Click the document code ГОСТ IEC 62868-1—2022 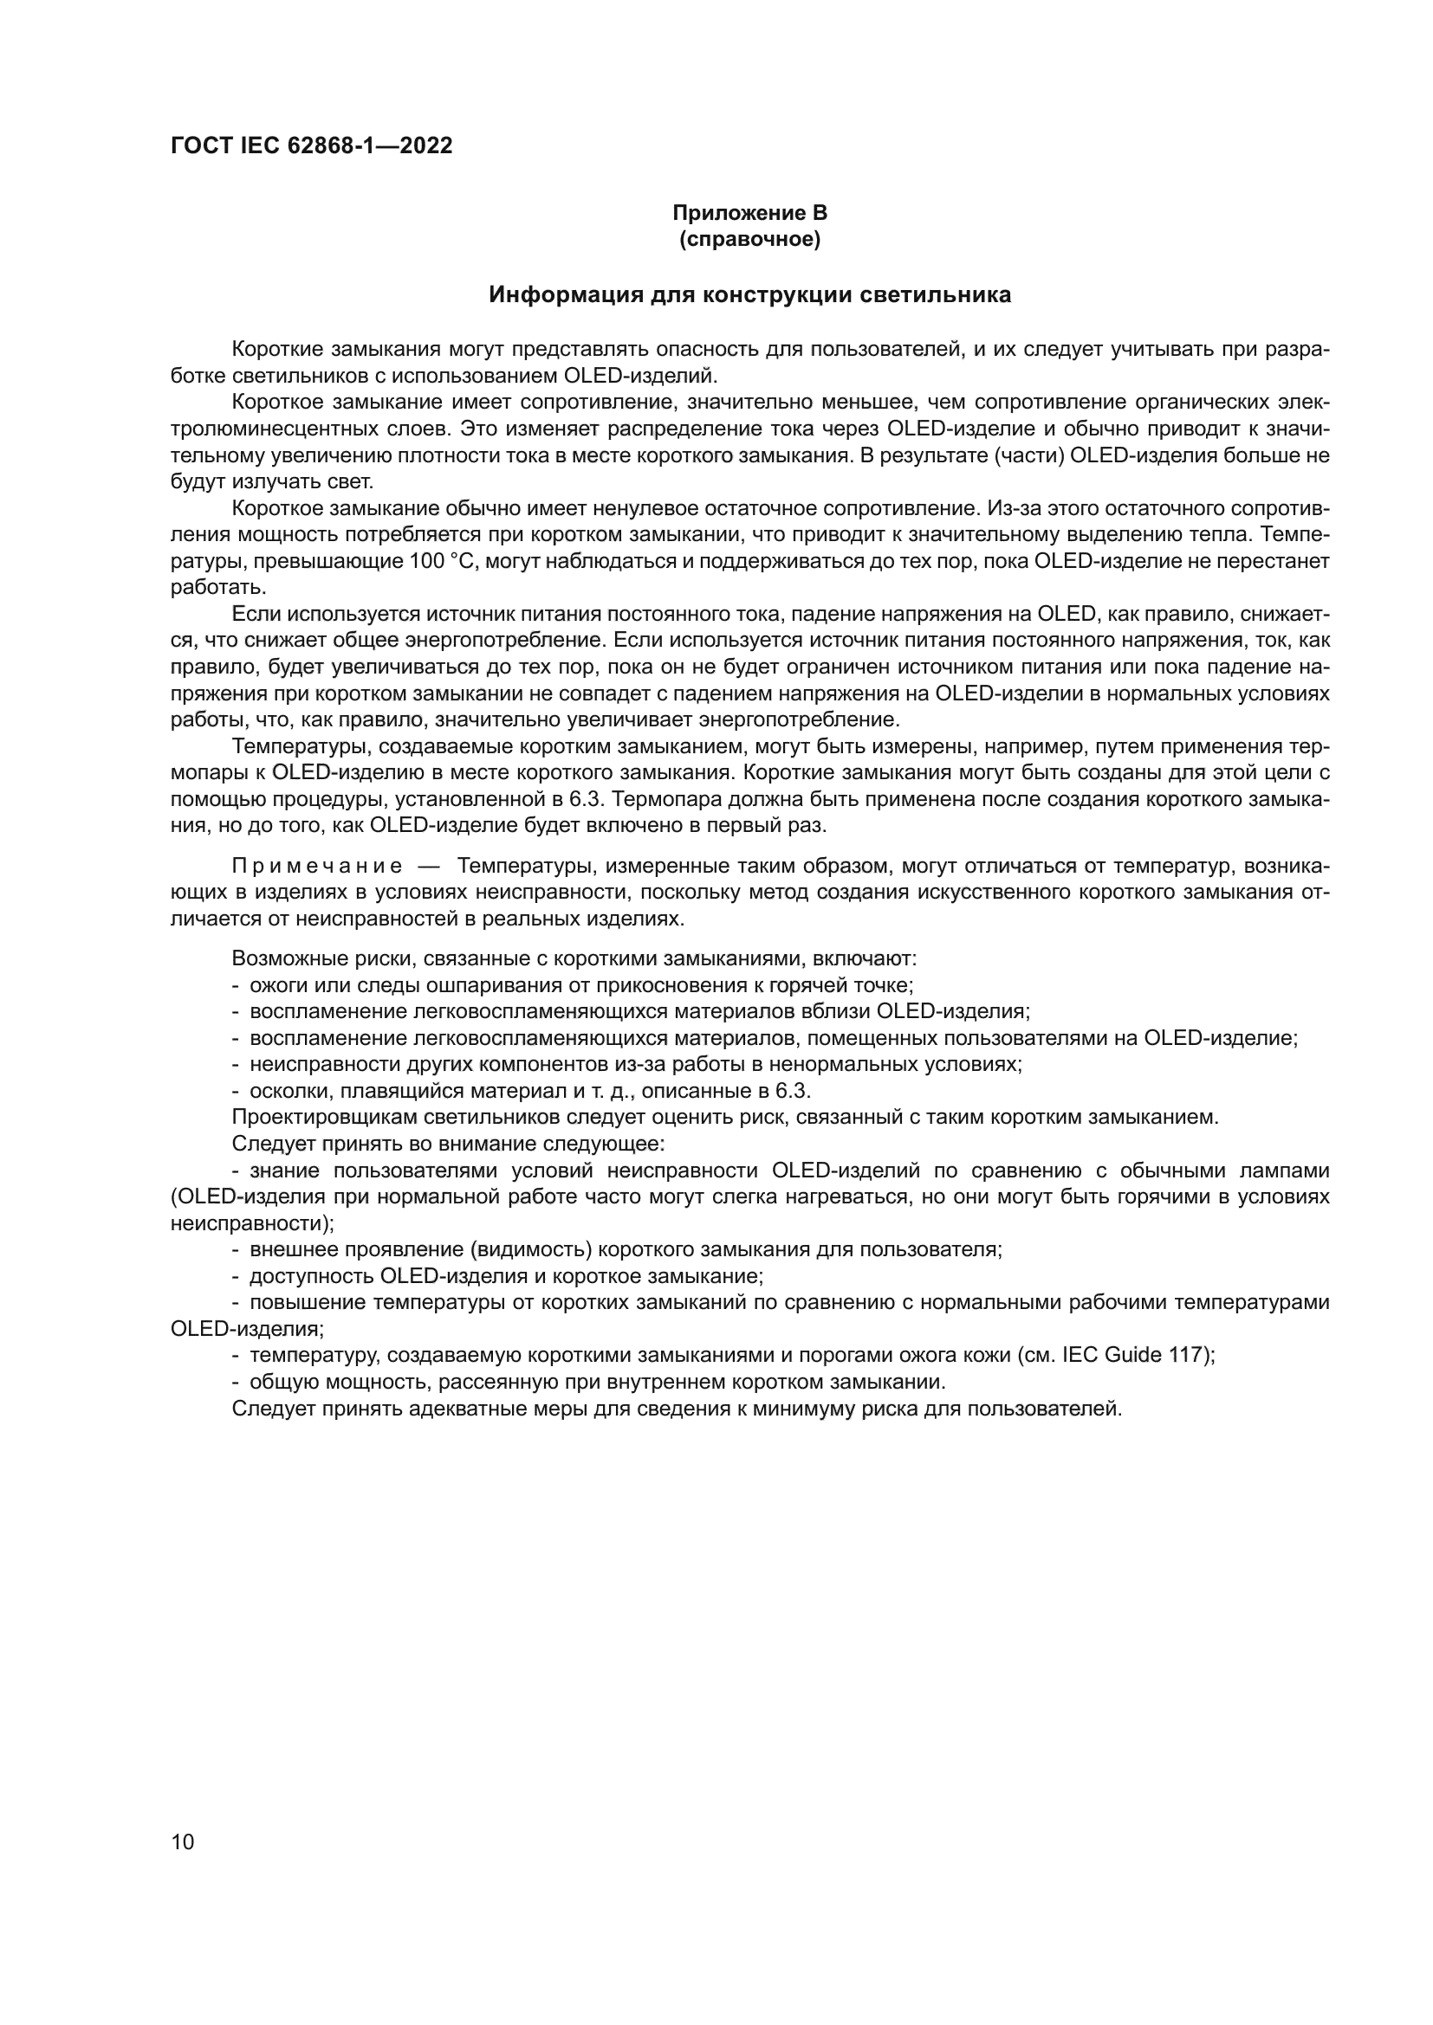[311, 146]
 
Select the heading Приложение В [749, 213]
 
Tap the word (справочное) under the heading [749, 240]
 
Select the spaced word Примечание [317, 865]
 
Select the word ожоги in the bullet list [276, 985]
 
